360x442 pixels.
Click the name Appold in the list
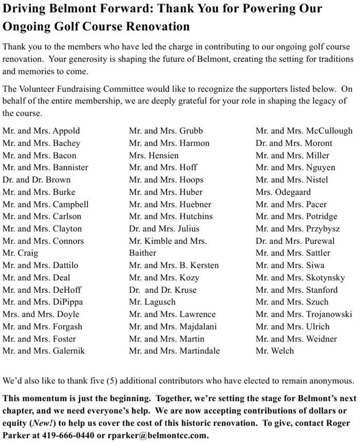click(x=66, y=131)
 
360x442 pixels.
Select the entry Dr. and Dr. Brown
click(x=37, y=180)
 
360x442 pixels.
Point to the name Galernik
click(x=69, y=351)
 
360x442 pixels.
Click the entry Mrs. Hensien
click(x=154, y=155)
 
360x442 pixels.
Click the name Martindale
click(x=200, y=351)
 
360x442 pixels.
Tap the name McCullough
click(x=329, y=131)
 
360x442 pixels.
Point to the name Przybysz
click(x=323, y=228)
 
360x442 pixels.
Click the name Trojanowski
click(x=329, y=314)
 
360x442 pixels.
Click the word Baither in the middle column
click(x=142, y=253)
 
